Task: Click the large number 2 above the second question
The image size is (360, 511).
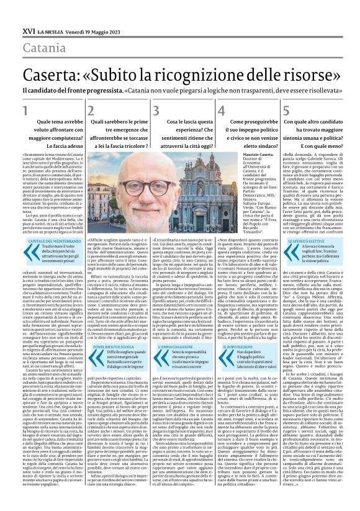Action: [x=91, y=111]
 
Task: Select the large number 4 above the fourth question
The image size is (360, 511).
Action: [x=222, y=111]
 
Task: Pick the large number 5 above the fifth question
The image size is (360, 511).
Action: [x=287, y=111]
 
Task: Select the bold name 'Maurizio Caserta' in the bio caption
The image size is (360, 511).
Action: [x=241, y=153]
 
